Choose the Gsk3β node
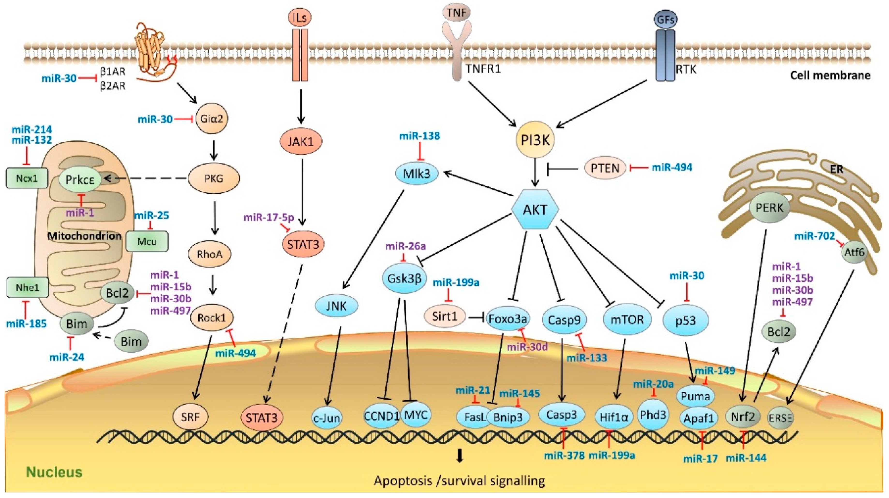point(404,278)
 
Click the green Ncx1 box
point(27,178)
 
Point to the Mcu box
point(147,242)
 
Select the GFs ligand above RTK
point(665,20)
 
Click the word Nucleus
point(54,472)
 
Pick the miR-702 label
point(814,236)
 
